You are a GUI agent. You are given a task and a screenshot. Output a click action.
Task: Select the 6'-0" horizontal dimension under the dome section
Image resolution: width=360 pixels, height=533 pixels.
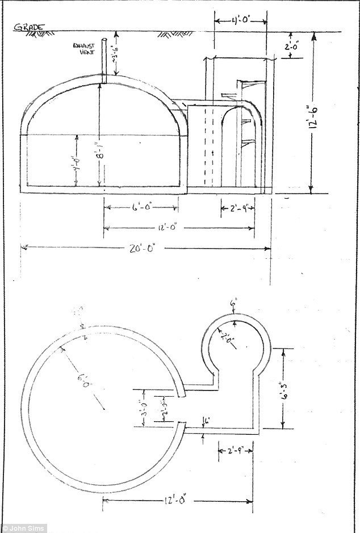point(140,208)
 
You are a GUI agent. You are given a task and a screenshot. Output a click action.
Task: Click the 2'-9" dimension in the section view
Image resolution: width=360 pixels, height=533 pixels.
point(238,208)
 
